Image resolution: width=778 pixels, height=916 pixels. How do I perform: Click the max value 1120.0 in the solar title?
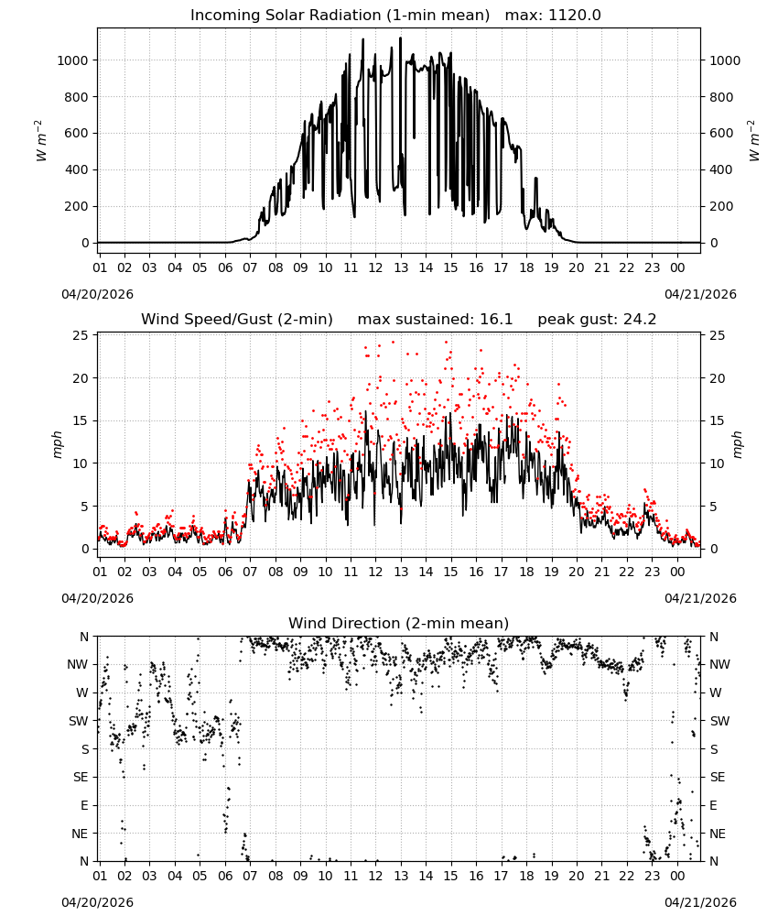574,16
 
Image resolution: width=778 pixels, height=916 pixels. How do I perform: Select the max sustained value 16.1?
496,320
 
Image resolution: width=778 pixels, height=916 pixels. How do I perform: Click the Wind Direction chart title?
399,623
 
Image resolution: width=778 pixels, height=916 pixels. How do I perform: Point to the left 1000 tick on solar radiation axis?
72,60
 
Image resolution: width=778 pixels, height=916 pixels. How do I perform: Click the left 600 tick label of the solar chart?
77,133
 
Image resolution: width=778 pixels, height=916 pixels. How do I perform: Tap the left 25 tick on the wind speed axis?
81,335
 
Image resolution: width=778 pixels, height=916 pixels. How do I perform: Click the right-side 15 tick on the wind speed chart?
718,420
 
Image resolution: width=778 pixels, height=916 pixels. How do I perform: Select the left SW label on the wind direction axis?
79,721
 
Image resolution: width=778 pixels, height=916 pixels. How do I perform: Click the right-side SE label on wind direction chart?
718,777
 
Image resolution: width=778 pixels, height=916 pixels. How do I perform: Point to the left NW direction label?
78,664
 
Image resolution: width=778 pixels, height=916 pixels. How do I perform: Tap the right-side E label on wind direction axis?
713,805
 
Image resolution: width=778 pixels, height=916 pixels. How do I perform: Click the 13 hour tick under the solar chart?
401,267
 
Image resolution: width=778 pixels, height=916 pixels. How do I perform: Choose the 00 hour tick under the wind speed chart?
677,572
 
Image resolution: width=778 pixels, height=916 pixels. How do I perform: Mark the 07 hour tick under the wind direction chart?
250,876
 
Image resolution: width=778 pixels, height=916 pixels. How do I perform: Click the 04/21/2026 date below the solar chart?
700,294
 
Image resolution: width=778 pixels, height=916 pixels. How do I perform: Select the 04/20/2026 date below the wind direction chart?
97,902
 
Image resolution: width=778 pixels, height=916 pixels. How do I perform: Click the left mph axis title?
57,445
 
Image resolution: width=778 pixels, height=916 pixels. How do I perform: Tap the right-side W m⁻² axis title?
753,141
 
